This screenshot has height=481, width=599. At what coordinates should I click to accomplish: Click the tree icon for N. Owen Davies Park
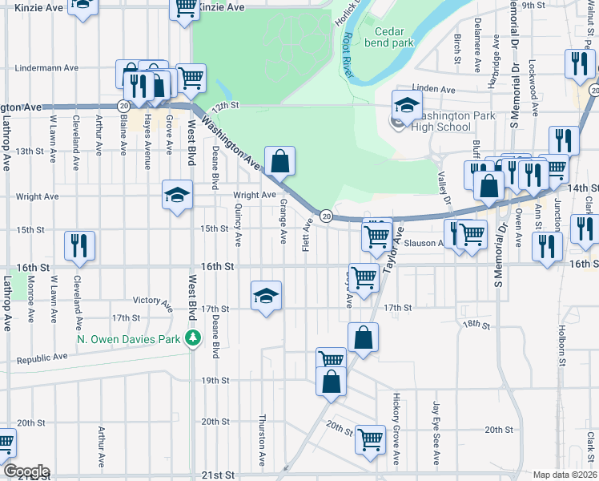(192, 338)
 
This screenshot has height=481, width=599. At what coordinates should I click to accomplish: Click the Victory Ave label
(152, 302)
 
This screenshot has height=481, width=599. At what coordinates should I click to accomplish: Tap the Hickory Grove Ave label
(396, 429)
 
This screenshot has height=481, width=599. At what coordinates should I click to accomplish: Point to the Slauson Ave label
(422, 243)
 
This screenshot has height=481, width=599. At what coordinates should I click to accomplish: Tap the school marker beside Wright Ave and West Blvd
(177, 195)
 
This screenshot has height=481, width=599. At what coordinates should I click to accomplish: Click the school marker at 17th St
(266, 296)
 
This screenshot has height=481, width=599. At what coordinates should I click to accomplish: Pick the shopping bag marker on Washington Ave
(279, 161)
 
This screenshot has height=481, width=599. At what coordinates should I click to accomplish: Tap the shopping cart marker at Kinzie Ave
(185, 8)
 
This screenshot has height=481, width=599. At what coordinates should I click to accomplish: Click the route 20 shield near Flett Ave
(327, 216)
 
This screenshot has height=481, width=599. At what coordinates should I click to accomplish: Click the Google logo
(26, 471)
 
